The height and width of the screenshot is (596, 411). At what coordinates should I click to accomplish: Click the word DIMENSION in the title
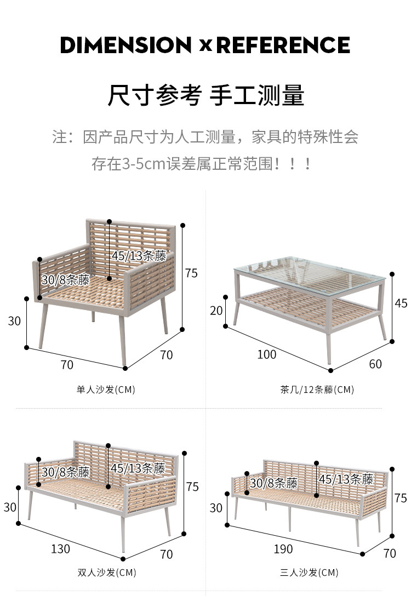tap(125, 45)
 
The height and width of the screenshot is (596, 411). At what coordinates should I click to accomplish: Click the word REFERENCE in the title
tap(283, 45)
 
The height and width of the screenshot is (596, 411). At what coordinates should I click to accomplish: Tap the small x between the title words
tap(206, 46)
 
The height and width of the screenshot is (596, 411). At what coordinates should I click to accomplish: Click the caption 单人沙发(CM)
tap(106, 389)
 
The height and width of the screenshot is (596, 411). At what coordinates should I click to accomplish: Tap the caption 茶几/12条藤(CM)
tap(317, 389)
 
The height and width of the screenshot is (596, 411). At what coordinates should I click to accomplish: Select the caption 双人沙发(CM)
tap(106, 572)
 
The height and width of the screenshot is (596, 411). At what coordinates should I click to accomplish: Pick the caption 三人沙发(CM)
tap(309, 572)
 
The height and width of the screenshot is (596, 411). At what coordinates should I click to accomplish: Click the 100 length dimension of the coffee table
tap(267, 354)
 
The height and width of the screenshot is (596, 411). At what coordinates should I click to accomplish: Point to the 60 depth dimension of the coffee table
tap(375, 364)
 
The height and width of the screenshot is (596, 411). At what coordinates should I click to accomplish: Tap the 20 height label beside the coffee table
tap(216, 311)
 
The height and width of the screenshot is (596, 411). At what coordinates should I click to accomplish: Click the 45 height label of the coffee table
tap(401, 303)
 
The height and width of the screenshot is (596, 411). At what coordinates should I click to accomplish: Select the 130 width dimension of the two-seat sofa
tap(60, 548)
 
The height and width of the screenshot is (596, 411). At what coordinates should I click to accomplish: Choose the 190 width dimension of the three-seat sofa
tap(283, 548)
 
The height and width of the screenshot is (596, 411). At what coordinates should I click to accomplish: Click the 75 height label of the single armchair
tap(191, 273)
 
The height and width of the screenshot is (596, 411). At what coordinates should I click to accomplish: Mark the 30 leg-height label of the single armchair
tap(14, 321)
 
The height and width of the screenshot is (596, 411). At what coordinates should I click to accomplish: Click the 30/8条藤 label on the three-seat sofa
tap(274, 483)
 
